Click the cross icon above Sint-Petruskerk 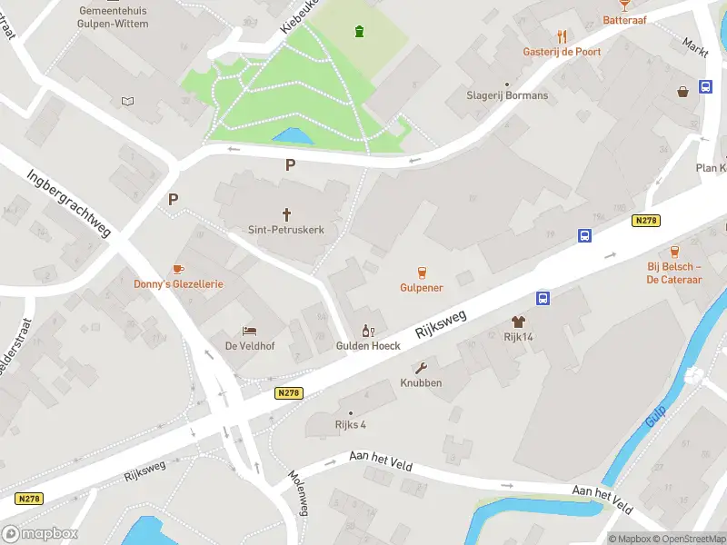click(287, 214)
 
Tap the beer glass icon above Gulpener click(422, 272)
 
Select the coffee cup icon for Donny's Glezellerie click(178, 269)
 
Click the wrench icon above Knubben click(421, 368)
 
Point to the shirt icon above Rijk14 click(518, 322)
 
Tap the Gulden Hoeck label click(368, 346)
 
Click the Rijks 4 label click(350, 424)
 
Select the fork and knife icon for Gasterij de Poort click(562, 36)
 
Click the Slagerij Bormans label click(507, 95)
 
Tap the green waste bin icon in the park click(360, 33)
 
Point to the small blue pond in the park click(292, 136)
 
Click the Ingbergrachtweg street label click(68, 203)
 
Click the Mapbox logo click(40, 534)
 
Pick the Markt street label click(695, 46)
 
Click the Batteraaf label click(624, 20)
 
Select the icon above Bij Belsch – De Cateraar click(674, 252)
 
